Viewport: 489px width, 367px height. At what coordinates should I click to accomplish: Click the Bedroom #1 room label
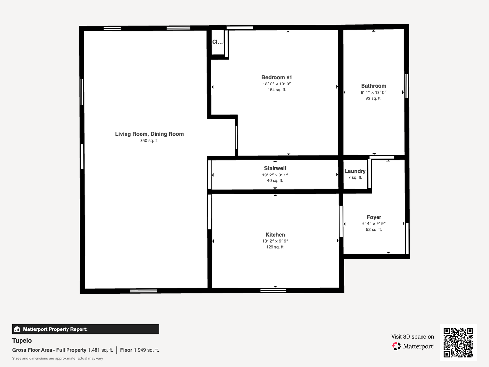(x=277, y=77)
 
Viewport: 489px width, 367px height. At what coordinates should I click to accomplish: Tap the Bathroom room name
(x=374, y=86)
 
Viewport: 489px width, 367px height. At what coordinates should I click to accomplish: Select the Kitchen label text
(x=275, y=235)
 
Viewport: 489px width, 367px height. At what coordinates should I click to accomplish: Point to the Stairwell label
(x=275, y=168)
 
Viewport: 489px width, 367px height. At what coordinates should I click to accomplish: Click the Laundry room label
(x=355, y=171)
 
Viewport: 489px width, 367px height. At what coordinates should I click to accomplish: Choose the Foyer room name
(x=374, y=217)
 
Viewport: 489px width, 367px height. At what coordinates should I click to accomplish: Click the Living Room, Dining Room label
(x=149, y=134)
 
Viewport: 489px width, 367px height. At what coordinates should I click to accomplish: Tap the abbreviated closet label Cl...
(x=217, y=42)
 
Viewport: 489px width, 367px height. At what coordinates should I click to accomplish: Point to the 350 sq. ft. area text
(x=149, y=141)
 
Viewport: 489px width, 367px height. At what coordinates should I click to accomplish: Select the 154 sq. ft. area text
(x=277, y=90)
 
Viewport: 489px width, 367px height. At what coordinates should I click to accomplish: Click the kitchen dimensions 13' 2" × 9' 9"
(x=275, y=241)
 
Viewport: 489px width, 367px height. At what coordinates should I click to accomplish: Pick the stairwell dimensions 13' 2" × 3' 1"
(x=275, y=175)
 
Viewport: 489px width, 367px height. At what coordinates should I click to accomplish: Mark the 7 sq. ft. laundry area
(x=355, y=177)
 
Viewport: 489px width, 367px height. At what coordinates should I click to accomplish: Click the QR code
(x=458, y=342)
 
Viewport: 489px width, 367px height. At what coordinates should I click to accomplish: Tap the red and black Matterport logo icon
(x=396, y=346)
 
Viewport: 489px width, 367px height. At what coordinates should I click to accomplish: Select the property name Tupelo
(x=22, y=341)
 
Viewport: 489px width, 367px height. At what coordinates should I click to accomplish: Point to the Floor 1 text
(x=128, y=350)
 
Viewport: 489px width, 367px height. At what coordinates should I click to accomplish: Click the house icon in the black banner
(x=17, y=329)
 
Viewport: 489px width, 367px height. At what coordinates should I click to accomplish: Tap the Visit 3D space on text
(x=412, y=337)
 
